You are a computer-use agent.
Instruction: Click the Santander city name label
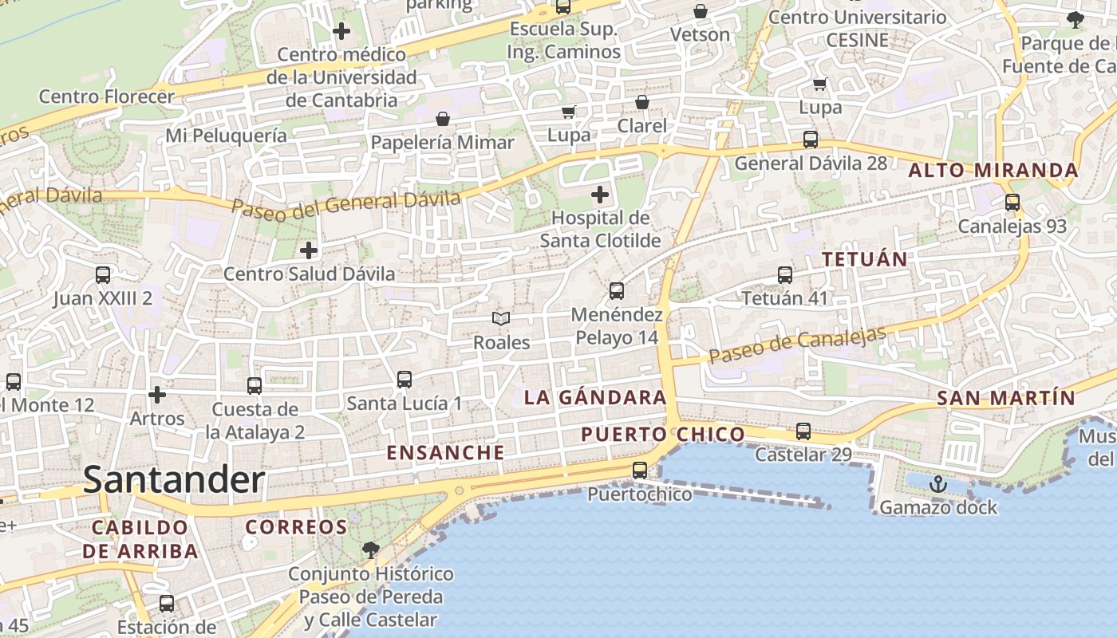click(174, 480)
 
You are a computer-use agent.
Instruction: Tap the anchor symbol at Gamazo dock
click(938, 483)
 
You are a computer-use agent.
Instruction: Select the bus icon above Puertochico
click(640, 471)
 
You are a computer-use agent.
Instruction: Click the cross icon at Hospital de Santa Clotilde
click(600, 194)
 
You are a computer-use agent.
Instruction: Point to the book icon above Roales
click(501, 319)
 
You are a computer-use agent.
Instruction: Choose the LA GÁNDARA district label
click(595, 397)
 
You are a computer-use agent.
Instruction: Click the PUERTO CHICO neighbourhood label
click(663, 435)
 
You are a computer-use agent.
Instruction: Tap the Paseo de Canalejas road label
click(797, 345)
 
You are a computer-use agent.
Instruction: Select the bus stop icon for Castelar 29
click(803, 431)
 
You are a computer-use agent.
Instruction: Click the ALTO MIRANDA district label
click(993, 170)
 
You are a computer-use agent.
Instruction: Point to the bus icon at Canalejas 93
click(1012, 203)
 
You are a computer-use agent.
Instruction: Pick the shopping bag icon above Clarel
click(642, 102)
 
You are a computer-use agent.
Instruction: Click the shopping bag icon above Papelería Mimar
click(443, 119)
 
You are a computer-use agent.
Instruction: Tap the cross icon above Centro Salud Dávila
click(309, 250)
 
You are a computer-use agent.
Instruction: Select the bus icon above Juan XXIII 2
click(103, 275)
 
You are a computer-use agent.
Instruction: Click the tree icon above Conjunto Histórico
click(370, 549)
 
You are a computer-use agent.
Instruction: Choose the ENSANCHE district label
click(446, 453)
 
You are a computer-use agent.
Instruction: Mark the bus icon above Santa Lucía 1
click(405, 380)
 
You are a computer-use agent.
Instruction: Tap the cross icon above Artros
click(157, 395)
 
